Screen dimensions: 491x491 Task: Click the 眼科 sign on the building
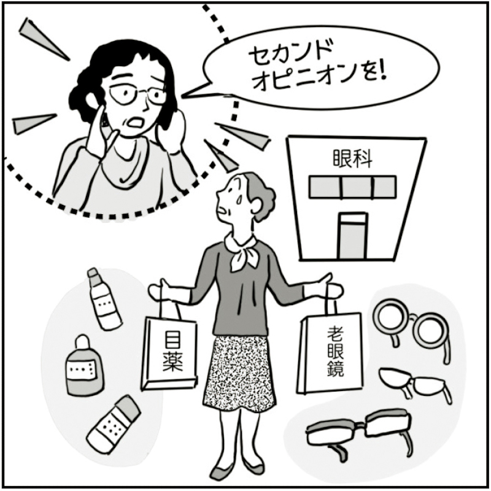tap(352, 159)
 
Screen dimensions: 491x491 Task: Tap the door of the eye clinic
tap(353, 236)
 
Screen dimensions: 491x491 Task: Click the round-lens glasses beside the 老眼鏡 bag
tap(412, 326)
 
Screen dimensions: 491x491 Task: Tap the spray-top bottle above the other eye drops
tap(104, 299)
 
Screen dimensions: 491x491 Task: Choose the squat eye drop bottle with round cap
tap(84, 366)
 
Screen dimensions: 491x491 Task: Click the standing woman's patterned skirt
tap(239, 374)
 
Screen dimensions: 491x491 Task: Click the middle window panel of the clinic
tap(357, 187)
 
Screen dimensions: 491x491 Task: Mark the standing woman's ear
tap(256, 206)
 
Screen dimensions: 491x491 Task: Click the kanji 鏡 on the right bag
tap(336, 368)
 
